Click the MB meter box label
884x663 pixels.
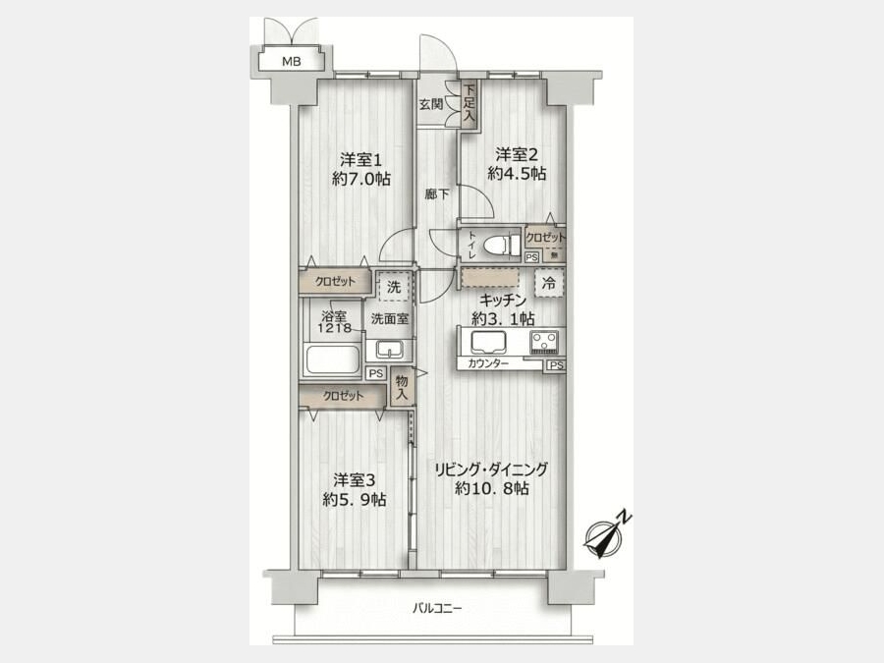point(292,62)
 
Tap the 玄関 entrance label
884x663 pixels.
point(431,104)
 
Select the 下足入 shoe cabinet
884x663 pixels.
point(470,104)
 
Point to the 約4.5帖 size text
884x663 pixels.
point(517,174)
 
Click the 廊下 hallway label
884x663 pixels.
point(437,194)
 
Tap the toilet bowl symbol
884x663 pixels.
point(503,246)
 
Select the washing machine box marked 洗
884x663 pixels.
point(394,287)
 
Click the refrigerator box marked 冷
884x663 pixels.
point(548,284)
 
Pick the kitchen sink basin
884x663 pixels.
point(488,342)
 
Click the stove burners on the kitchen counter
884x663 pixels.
point(544,341)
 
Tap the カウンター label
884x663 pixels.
point(487,363)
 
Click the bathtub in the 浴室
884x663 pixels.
point(333,359)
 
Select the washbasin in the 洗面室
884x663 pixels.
point(389,350)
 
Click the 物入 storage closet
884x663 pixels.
point(402,388)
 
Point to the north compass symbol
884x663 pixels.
point(607,534)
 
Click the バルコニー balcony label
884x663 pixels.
point(437,608)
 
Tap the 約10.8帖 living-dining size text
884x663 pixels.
point(492,488)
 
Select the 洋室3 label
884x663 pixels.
point(354,481)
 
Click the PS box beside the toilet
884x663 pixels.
point(531,257)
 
